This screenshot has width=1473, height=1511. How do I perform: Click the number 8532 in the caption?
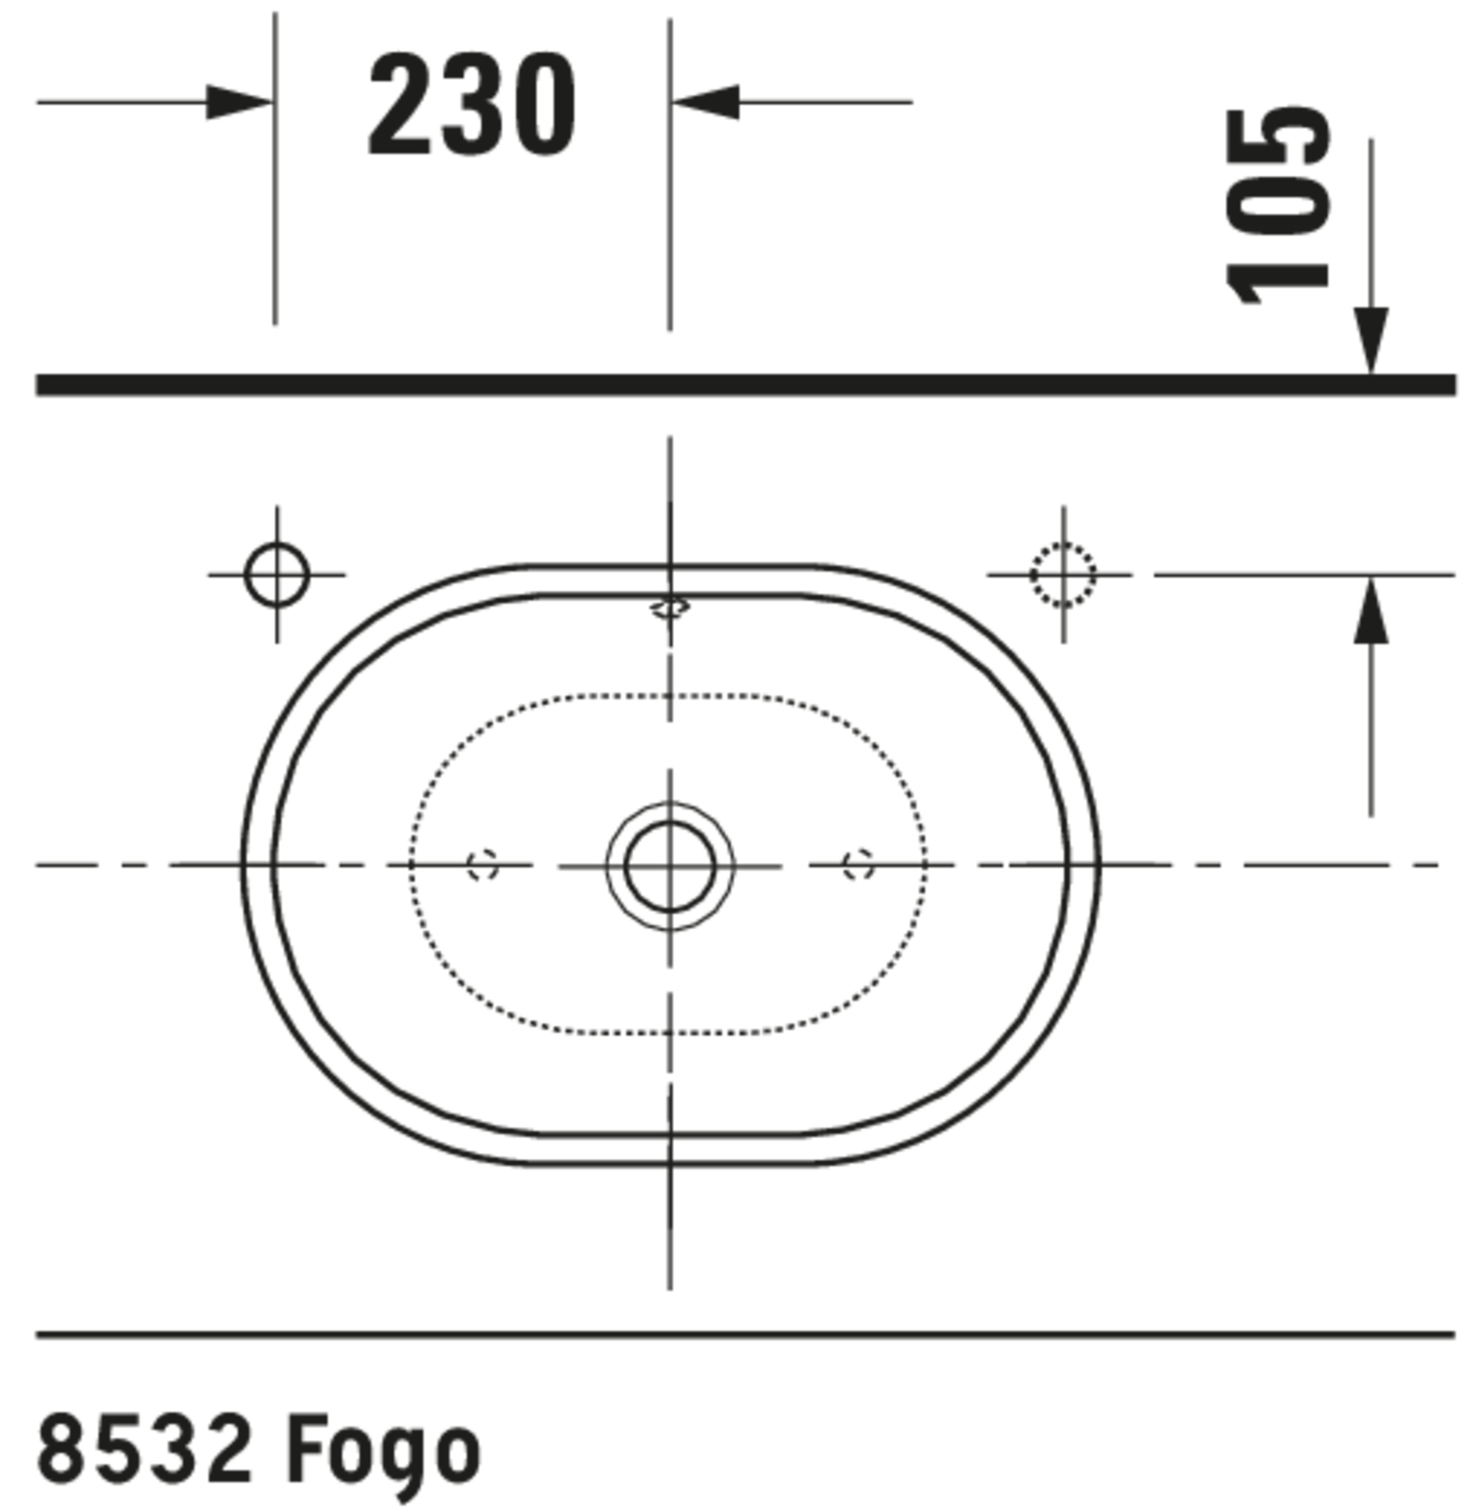point(145,1445)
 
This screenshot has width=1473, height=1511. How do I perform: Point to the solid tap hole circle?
point(277,574)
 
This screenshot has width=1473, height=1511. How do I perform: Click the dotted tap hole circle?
point(1063,574)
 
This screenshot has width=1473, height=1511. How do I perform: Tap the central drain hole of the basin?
point(670,866)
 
